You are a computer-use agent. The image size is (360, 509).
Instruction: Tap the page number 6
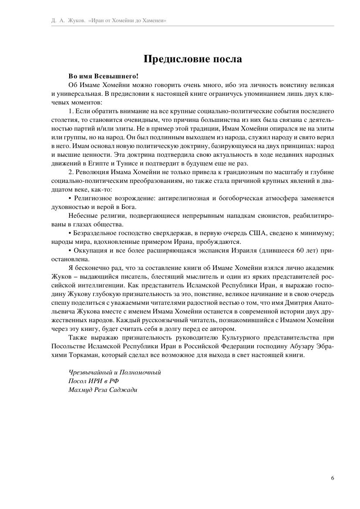point(333,478)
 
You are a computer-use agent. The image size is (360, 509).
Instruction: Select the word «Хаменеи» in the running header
point(155,20)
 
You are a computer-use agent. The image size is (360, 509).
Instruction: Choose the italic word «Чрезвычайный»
point(89,372)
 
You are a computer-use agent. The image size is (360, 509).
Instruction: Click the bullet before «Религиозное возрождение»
point(70,199)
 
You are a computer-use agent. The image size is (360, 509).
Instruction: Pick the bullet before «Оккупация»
point(70,251)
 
